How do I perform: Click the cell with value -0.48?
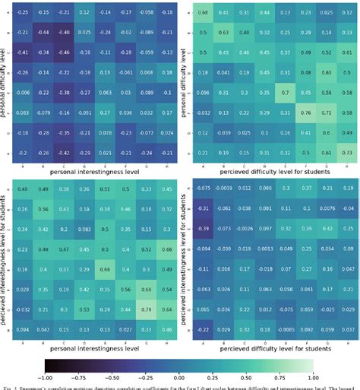point(63,33)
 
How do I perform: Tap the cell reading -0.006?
point(24,92)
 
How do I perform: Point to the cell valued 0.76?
point(306,112)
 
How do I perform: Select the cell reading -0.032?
point(24,309)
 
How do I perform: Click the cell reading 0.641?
point(306,289)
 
